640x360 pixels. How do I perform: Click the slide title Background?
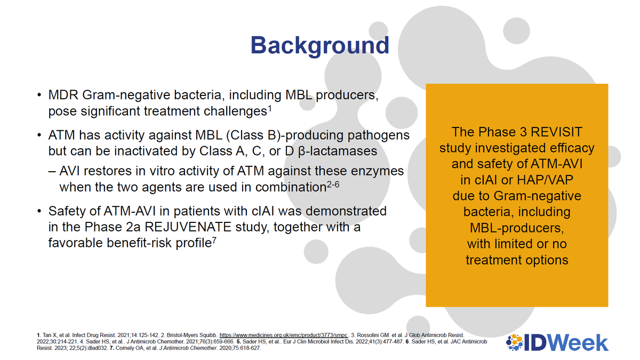tap(320, 45)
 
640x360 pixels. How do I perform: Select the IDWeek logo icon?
tap(515, 342)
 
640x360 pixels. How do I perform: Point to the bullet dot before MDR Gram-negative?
tap(39, 97)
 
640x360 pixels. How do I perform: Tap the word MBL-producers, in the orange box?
tap(516, 228)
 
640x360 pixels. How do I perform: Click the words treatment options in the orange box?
tap(516, 260)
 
